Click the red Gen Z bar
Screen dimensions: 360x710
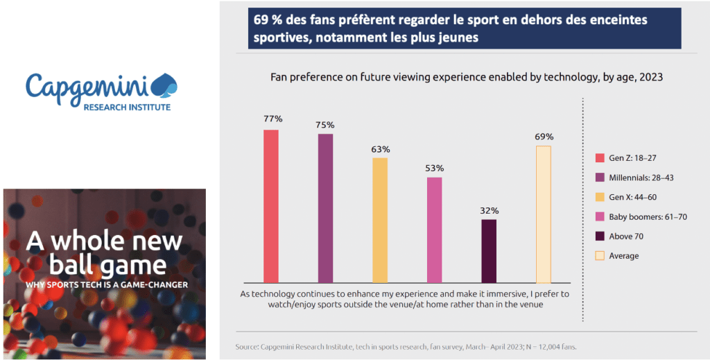tap(271, 206)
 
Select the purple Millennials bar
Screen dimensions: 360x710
tap(325, 208)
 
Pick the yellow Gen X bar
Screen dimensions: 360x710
tap(380, 220)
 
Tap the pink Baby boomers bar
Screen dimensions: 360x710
tap(434, 230)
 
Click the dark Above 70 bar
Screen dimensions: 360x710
tap(489, 250)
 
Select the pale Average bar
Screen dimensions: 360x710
tap(543, 214)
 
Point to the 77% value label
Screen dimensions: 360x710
tap(271, 119)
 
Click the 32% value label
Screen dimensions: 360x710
tap(489, 210)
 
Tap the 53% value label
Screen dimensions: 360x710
tap(434, 168)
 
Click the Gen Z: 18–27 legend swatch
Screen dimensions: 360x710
tap(600, 157)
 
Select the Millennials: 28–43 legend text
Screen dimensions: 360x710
tap(641, 178)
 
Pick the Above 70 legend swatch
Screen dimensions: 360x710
tap(600, 237)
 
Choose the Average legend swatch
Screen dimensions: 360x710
tap(600, 256)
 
